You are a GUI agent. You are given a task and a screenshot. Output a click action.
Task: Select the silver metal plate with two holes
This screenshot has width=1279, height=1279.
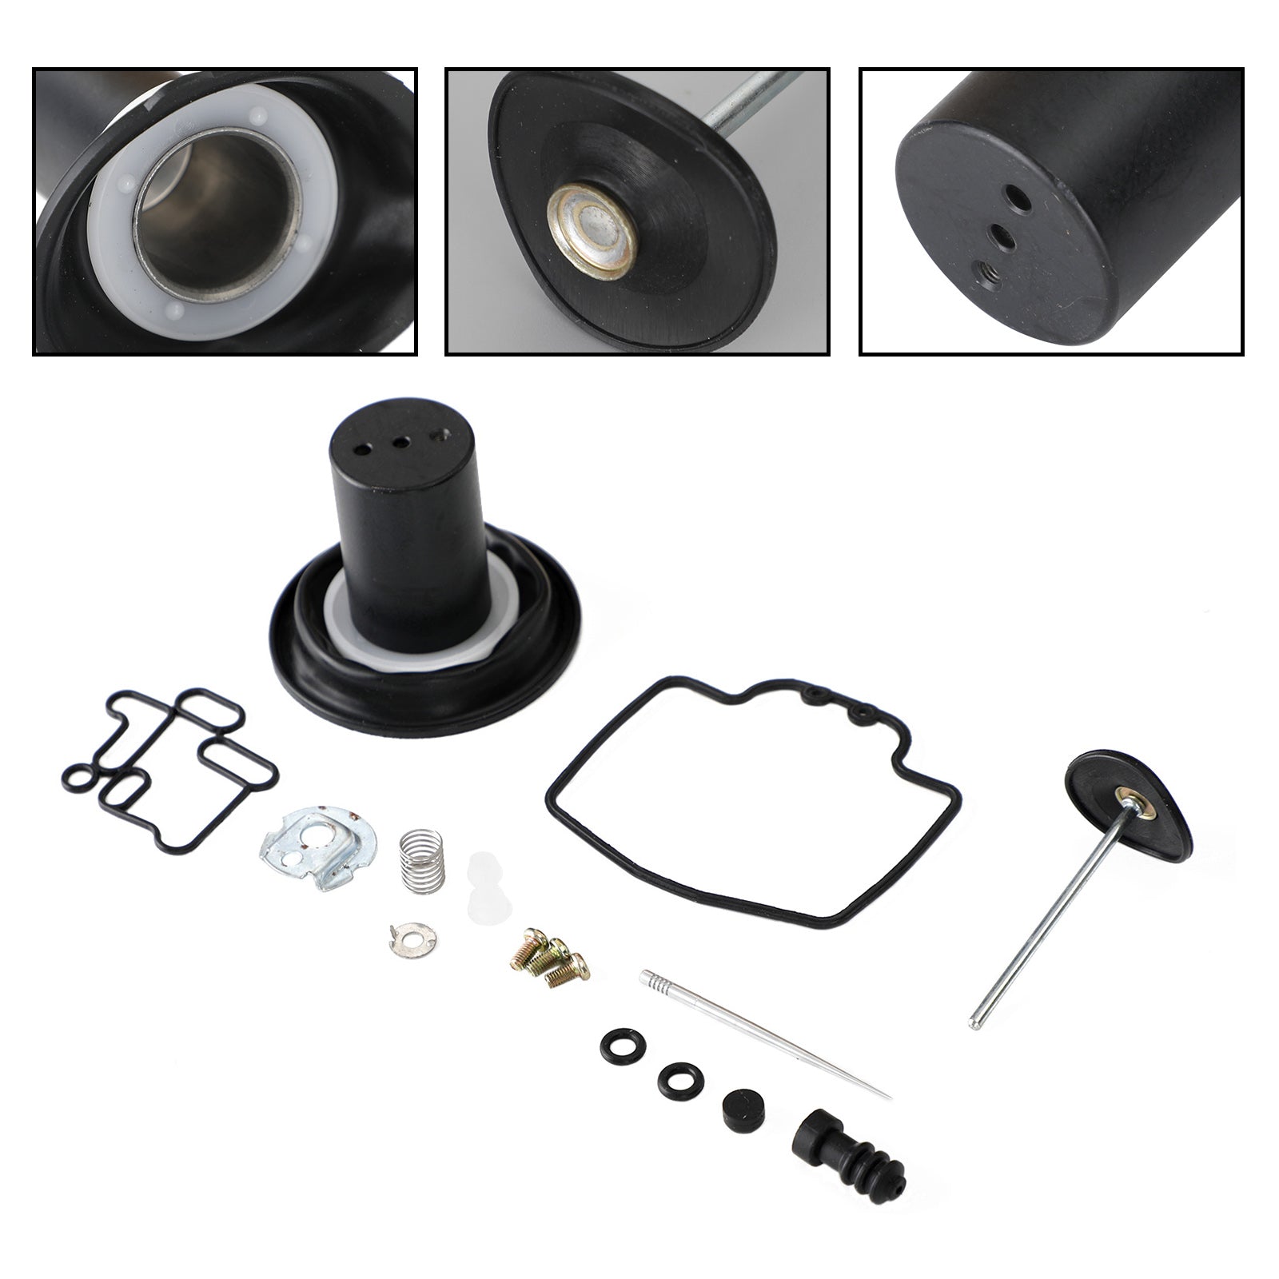pos(318,855)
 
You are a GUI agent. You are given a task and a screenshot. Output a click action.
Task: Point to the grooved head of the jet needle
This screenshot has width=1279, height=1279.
pos(651,978)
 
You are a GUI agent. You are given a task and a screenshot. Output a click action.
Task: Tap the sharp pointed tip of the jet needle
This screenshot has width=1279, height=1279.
pos(888,1096)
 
